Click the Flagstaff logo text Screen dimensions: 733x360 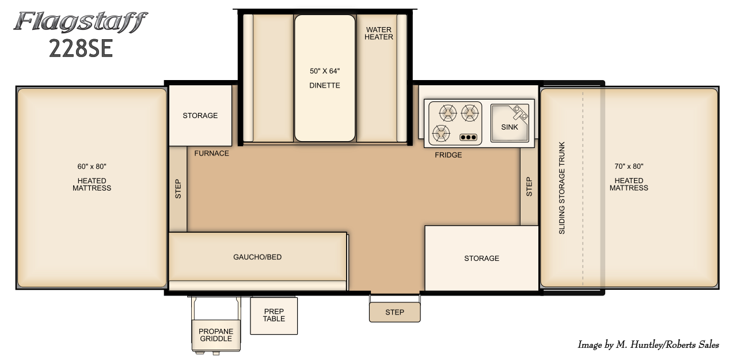tap(81, 22)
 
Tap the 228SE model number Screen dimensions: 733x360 tap(81, 48)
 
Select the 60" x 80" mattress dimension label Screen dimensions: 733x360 tap(92, 166)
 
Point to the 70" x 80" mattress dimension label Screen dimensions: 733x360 tap(629, 166)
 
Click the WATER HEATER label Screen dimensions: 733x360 tap(379, 33)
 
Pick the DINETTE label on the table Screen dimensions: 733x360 tap(325, 85)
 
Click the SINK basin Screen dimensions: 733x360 tap(510, 123)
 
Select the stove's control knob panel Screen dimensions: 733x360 tap(468, 138)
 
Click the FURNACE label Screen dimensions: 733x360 tap(211, 153)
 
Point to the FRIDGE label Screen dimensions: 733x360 tap(449, 155)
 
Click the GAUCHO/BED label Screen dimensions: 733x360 tap(257, 257)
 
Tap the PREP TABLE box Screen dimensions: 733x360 tap(274, 316)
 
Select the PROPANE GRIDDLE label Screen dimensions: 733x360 tap(216, 335)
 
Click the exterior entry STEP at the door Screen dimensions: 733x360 tap(394, 312)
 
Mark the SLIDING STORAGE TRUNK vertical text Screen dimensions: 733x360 tap(562, 188)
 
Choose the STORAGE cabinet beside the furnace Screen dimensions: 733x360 tap(200, 116)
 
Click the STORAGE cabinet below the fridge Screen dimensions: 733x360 tap(482, 258)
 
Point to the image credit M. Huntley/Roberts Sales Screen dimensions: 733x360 tap(648, 345)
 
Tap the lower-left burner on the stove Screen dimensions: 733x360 tap(441, 134)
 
